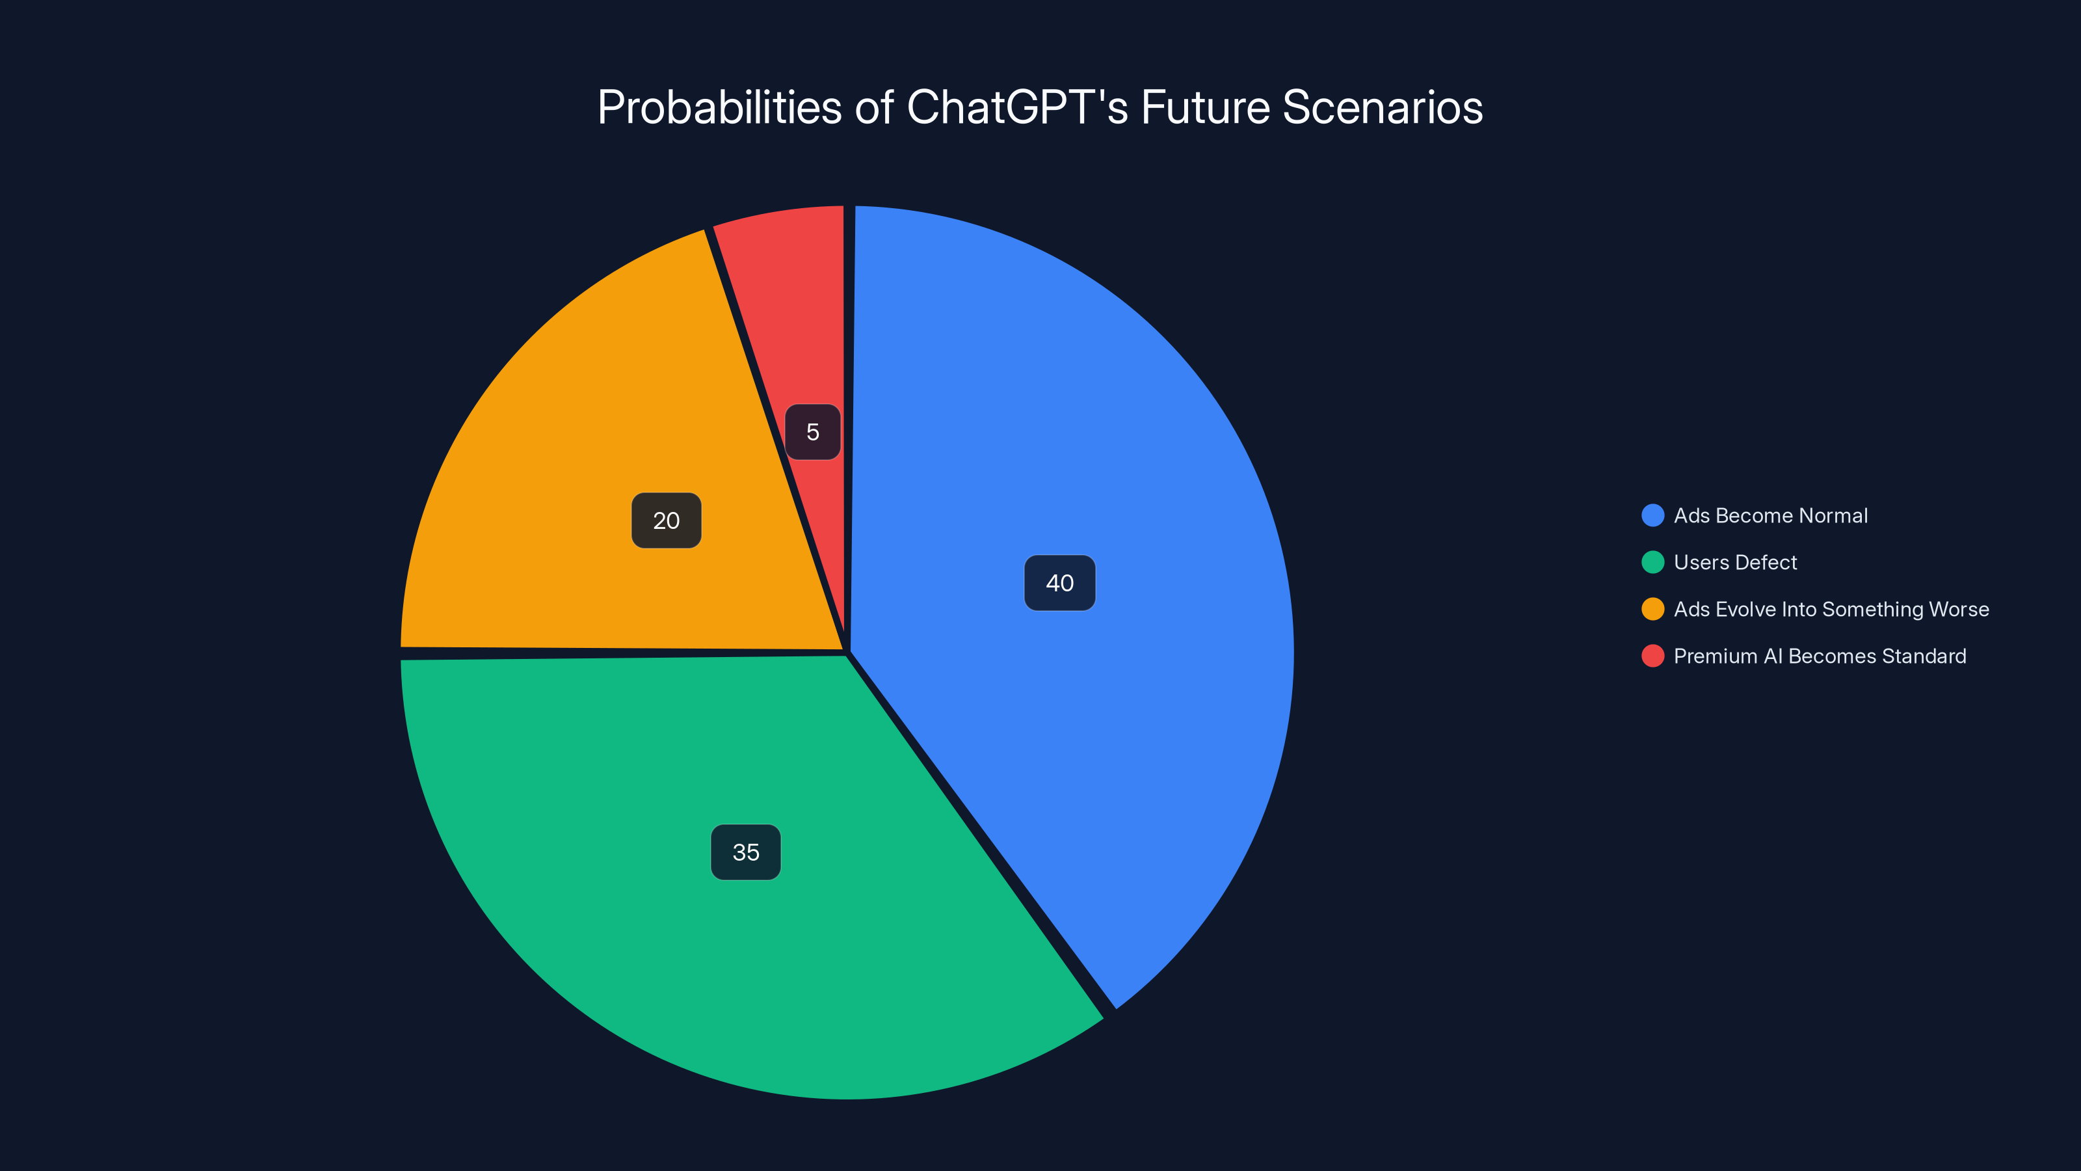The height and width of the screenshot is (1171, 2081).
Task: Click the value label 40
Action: pos(1059,583)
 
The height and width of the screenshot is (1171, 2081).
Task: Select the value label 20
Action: pos(667,520)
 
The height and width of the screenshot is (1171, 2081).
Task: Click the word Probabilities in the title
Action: pos(720,107)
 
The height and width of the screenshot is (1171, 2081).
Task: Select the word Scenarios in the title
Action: pos(1382,107)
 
